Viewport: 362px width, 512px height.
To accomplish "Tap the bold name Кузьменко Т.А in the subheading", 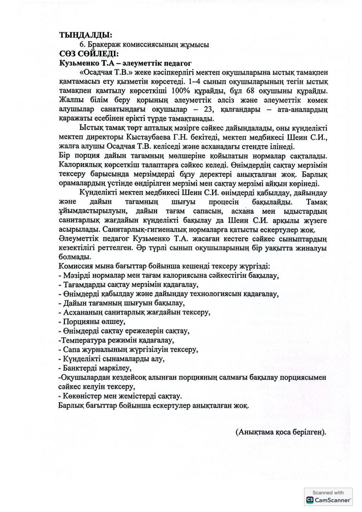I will pyautogui.click(x=86, y=62).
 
